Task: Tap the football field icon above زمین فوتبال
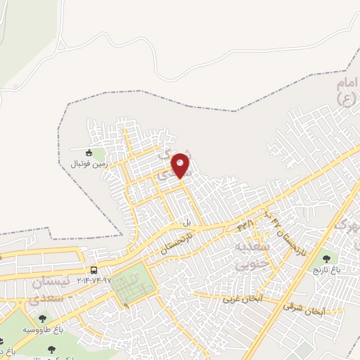pos(89,153)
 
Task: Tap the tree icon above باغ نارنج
pos(325,259)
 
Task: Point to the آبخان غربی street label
pos(242,297)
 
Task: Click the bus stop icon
pos(93,270)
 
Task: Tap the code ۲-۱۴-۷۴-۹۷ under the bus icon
pos(89,280)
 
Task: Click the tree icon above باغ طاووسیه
pos(42,319)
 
